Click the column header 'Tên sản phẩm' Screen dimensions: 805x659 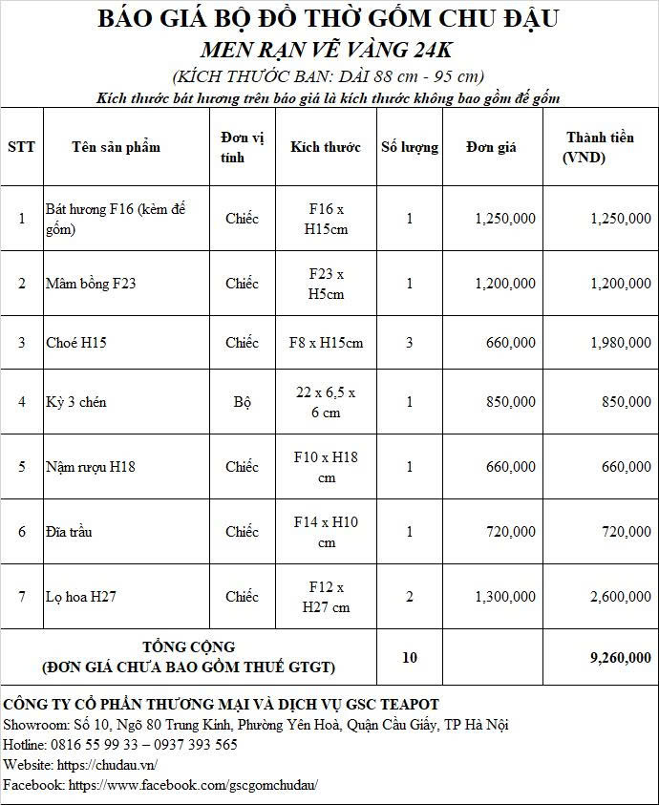point(116,147)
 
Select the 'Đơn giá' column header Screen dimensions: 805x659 point(491,147)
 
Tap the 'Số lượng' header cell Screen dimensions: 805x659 point(410,147)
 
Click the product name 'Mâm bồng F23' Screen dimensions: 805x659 point(91,284)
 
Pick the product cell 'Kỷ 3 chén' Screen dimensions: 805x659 point(76,402)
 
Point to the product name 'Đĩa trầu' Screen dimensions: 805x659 point(69,532)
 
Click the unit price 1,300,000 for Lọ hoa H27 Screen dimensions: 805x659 point(505,597)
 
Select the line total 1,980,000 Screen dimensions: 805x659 point(620,343)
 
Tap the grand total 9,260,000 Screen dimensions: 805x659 point(620,657)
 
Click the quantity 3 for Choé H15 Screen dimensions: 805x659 point(410,343)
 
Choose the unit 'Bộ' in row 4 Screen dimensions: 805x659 point(243,402)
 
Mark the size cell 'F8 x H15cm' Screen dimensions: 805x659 point(326,343)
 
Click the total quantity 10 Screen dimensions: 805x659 point(410,657)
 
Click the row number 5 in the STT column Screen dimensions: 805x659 point(22,467)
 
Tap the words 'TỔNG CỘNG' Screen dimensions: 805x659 point(188,646)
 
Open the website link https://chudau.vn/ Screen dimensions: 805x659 point(107,765)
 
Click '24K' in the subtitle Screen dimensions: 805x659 point(431,50)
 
